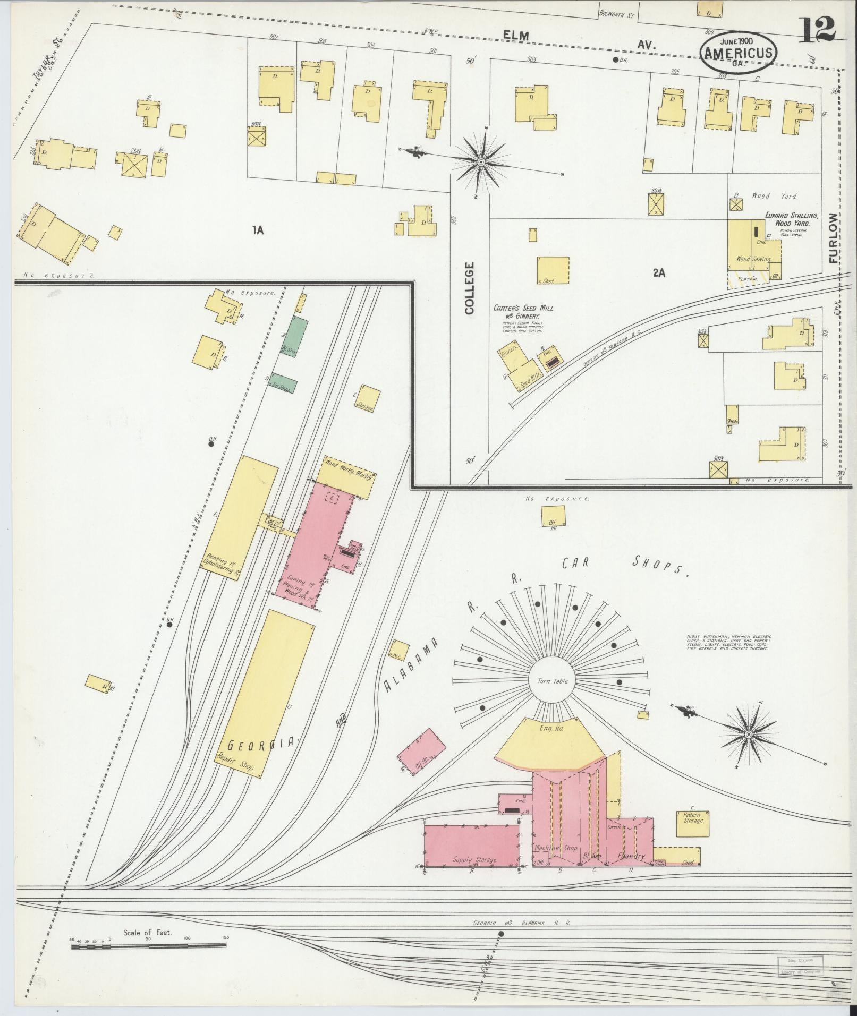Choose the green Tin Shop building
tap(284, 383)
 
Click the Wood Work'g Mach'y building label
tap(349, 469)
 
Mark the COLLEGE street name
tap(469, 287)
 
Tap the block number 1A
tap(258, 230)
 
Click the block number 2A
tap(659, 273)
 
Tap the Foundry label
tap(631, 856)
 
